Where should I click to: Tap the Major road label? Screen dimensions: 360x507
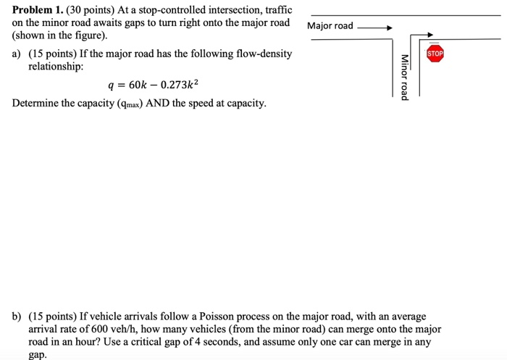pos(330,26)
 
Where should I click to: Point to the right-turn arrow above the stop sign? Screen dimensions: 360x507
pos(427,35)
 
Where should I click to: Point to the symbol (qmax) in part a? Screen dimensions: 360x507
pos(125,104)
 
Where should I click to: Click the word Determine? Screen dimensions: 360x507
pos(37,104)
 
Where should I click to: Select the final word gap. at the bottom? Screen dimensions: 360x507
pos(37,354)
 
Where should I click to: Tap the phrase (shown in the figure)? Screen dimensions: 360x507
pos(59,35)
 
